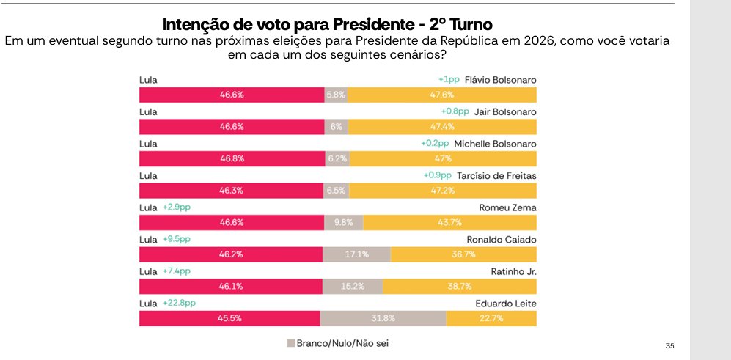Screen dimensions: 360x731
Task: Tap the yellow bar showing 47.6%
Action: coord(442,95)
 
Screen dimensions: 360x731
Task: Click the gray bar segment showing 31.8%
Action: coord(383,318)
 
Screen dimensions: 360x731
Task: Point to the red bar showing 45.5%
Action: coord(229,318)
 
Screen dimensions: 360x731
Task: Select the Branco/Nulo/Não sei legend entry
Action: coord(338,342)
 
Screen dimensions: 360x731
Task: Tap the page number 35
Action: coord(669,345)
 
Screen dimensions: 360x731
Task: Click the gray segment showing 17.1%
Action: coord(356,254)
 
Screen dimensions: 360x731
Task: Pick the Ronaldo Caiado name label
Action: coord(502,239)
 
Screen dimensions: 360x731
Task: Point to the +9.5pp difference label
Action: coord(176,239)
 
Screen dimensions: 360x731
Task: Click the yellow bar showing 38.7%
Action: coord(459,287)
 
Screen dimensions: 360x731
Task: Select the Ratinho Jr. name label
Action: coord(513,271)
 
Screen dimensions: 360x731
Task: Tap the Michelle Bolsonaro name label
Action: coord(495,144)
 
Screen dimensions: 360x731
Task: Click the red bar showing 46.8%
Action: coord(232,158)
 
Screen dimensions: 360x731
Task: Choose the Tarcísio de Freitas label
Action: coord(495,175)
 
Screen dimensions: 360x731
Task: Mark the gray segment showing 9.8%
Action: coord(343,222)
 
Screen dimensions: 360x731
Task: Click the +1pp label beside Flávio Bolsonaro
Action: coord(449,79)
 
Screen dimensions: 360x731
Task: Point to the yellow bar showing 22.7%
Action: coord(491,318)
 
